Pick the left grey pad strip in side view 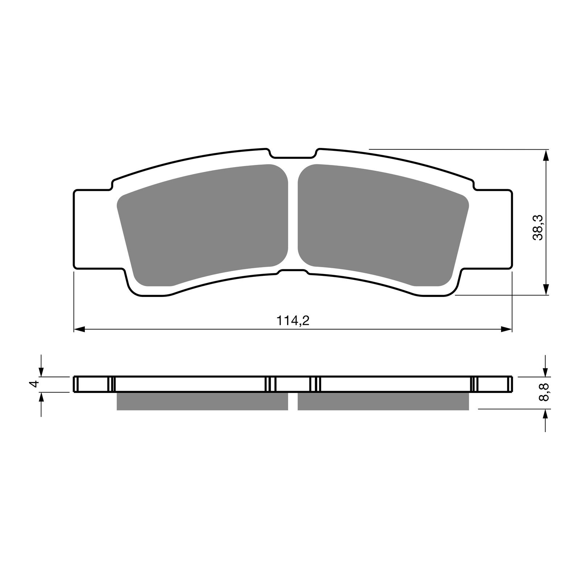tap(202, 401)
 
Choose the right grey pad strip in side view tap(383, 401)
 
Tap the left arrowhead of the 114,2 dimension tap(79, 329)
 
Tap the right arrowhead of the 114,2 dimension tap(507, 329)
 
